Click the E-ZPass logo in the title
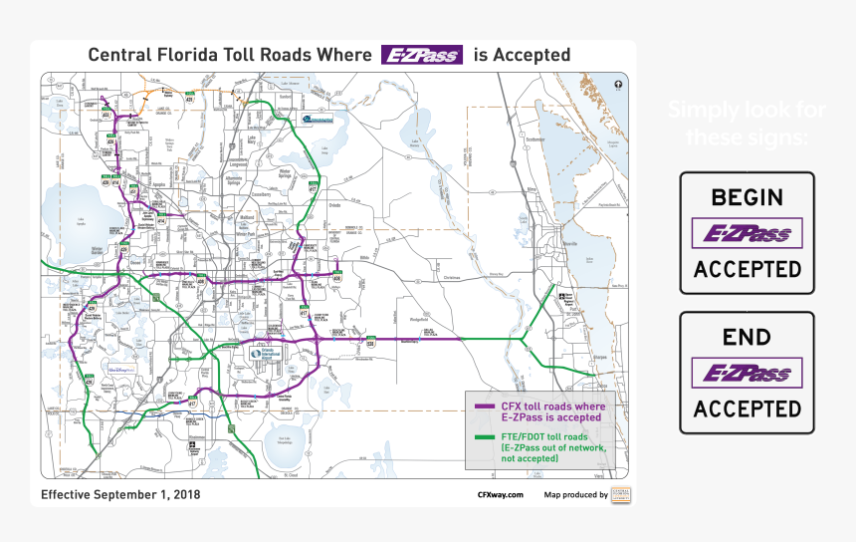point(422,55)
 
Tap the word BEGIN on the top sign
point(747,197)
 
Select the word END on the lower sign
point(747,338)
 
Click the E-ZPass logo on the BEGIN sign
point(747,234)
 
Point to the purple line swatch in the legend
point(485,406)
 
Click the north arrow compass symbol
point(618,84)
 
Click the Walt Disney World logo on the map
point(121,370)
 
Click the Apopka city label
point(158,185)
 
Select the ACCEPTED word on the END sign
point(747,408)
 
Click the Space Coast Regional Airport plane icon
point(559,295)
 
